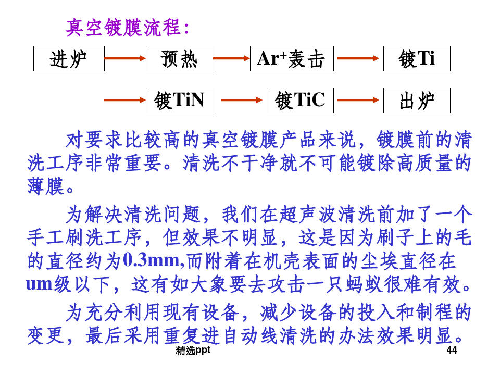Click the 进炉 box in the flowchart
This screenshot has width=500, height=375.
click(69, 59)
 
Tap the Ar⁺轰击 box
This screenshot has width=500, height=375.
click(292, 59)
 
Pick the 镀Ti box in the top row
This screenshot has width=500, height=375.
click(417, 59)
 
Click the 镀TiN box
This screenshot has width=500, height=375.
click(179, 101)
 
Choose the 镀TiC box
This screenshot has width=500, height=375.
click(300, 101)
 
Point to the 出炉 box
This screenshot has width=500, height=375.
click(417, 101)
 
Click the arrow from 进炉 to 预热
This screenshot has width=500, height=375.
click(125, 58)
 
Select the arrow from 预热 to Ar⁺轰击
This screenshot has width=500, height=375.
click(231, 58)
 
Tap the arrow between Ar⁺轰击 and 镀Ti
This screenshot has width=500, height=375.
click(358, 58)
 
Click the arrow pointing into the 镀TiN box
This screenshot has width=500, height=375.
click(125, 100)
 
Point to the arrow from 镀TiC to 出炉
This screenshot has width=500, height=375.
click(358, 100)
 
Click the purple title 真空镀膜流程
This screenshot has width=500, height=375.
click(127, 28)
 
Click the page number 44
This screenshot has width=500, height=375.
click(452, 351)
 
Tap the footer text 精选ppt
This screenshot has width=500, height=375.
click(193, 351)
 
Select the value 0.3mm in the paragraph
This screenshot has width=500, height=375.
click(152, 260)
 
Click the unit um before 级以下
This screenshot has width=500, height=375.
click(40, 284)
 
